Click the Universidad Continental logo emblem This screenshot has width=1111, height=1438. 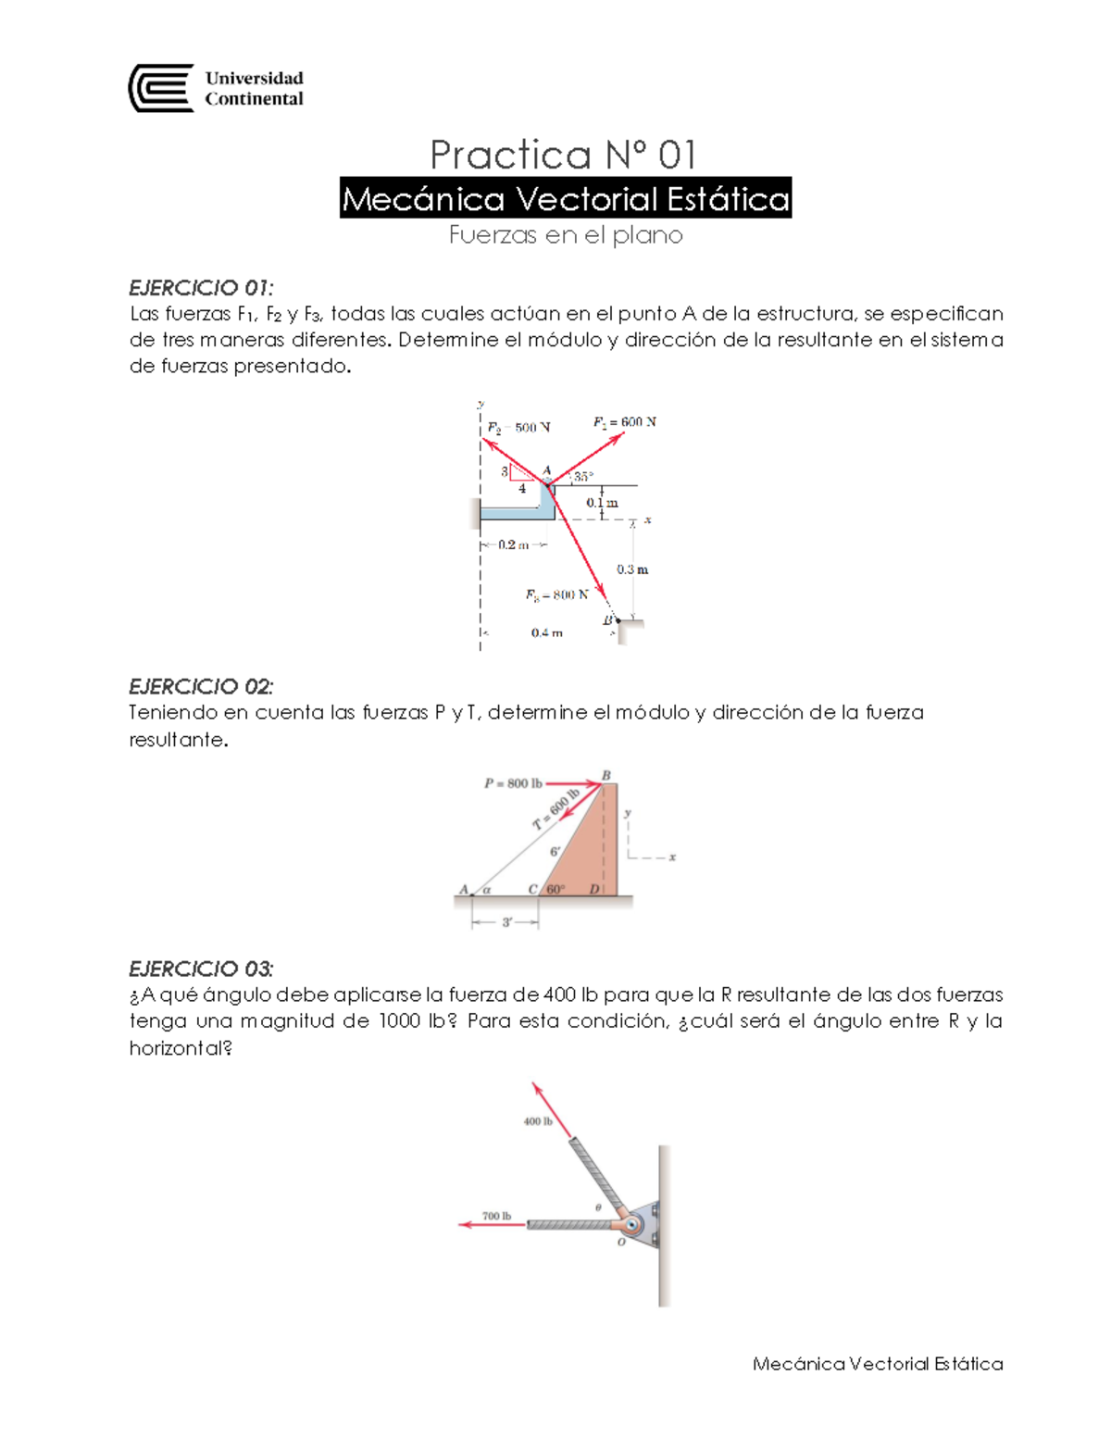(161, 89)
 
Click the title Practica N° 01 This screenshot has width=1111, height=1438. (563, 155)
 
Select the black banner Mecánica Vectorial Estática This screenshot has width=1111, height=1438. (565, 198)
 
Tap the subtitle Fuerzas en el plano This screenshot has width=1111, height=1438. (565, 235)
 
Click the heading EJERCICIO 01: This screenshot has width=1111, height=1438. (201, 287)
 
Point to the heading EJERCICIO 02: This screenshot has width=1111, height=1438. (201, 686)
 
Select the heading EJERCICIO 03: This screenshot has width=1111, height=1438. (201, 969)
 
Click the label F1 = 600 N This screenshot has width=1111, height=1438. (624, 422)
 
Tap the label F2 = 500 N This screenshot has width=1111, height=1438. (518, 428)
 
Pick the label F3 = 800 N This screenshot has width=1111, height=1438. (556, 594)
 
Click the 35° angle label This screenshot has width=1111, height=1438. (583, 477)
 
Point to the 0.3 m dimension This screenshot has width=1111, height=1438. (632, 569)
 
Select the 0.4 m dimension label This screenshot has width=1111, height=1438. (546, 633)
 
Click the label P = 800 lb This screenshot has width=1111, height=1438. (513, 783)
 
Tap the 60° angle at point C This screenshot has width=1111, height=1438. (555, 889)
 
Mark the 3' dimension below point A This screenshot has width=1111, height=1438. (506, 922)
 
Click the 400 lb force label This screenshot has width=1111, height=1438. (538, 1121)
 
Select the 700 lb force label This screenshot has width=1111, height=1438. (496, 1216)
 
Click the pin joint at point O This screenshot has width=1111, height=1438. (632, 1225)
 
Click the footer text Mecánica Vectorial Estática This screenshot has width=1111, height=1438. (878, 1364)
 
